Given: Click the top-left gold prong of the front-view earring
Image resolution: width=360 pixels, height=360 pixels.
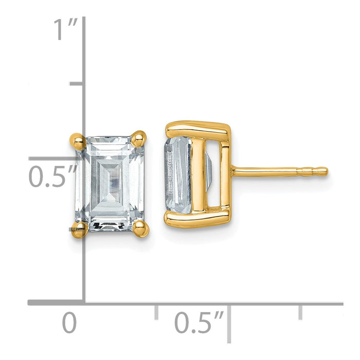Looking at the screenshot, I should coord(75,140).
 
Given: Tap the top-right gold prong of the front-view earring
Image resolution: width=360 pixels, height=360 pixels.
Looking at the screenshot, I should coord(139,137).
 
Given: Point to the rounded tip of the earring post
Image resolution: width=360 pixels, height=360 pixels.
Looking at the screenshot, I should coord(324,171).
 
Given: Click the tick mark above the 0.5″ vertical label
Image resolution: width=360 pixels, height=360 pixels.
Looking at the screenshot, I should coord(76,83).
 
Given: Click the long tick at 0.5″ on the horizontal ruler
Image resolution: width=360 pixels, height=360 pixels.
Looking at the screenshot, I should coord(229,321).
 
